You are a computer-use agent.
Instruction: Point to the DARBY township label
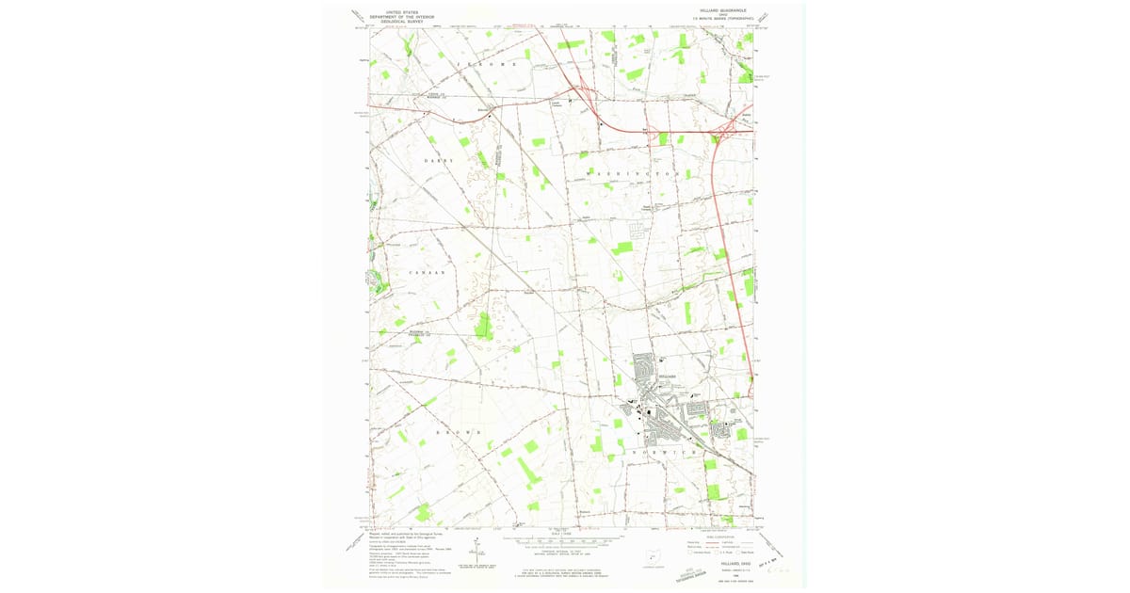[439, 161]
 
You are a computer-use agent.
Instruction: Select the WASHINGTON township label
[633, 174]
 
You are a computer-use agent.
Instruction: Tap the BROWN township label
[459, 432]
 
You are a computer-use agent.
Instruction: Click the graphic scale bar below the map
[564, 541]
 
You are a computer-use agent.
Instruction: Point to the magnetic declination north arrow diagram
[477, 551]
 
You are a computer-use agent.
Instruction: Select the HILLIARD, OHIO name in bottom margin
[722, 563]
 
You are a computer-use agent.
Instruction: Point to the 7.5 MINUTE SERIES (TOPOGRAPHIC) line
[724, 20]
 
